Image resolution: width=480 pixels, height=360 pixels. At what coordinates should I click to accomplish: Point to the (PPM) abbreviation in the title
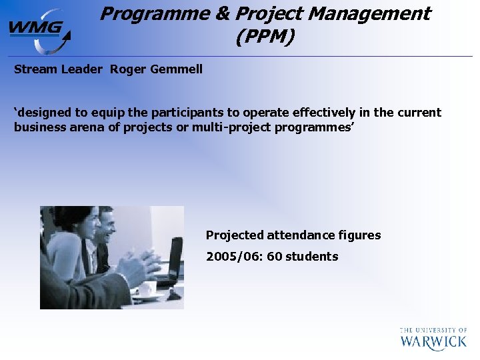(x=265, y=37)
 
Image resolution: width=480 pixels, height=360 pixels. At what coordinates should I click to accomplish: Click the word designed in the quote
(x=43, y=113)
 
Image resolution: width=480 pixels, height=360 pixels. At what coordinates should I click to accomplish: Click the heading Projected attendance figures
(x=293, y=235)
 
